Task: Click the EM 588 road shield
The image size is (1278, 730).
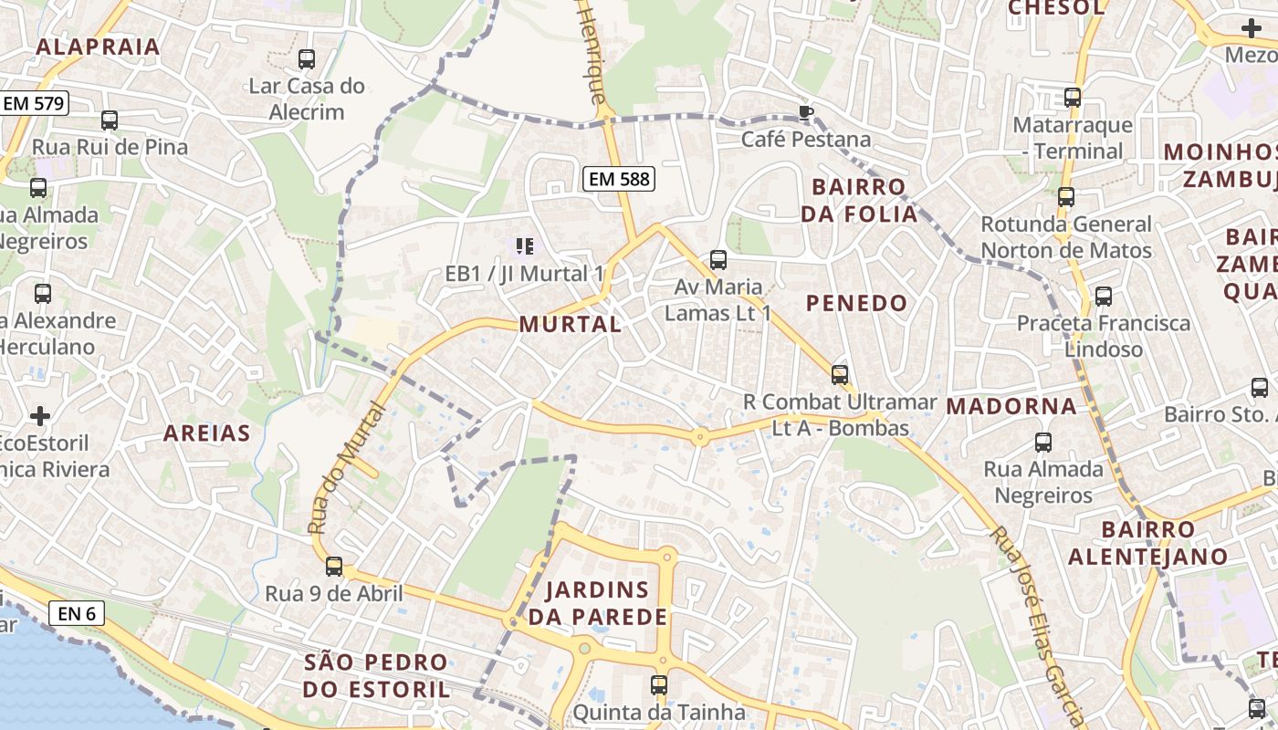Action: pyautogui.click(x=620, y=179)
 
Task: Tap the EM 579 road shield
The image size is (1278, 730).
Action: pyautogui.click(x=34, y=103)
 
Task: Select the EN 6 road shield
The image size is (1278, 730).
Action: pyautogui.click(x=77, y=613)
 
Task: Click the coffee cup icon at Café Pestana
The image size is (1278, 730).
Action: pyautogui.click(x=805, y=112)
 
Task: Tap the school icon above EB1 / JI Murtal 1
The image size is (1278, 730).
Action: pyautogui.click(x=524, y=245)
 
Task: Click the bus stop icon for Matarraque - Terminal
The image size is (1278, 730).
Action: pyautogui.click(x=1073, y=98)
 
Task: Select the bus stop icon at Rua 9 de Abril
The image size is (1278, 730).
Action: pyautogui.click(x=334, y=567)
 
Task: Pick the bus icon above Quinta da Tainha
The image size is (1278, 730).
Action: pyautogui.click(x=659, y=684)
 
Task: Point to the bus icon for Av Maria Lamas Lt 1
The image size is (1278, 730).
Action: pyautogui.click(x=718, y=260)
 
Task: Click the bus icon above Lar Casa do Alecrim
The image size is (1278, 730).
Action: pyautogui.click(x=307, y=59)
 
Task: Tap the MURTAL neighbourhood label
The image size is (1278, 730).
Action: pyautogui.click(x=571, y=324)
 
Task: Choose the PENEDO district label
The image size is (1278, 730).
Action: pyautogui.click(x=857, y=303)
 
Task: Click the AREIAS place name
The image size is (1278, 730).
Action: pyautogui.click(x=206, y=433)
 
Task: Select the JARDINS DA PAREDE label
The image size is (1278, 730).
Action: pyautogui.click(x=599, y=603)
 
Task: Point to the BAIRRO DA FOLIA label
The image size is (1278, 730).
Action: pyautogui.click(x=864, y=201)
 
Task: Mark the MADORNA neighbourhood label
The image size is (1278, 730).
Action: pyautogui.click(x=1011, y=406)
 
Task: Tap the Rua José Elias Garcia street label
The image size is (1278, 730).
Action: pyautogui.click(x=1036, y=620)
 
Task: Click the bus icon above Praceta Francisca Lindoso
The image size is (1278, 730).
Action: pyautogui.click(x=1104, y=297)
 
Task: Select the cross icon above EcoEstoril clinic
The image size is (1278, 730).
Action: pyautogui.click(x=40, y=416)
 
